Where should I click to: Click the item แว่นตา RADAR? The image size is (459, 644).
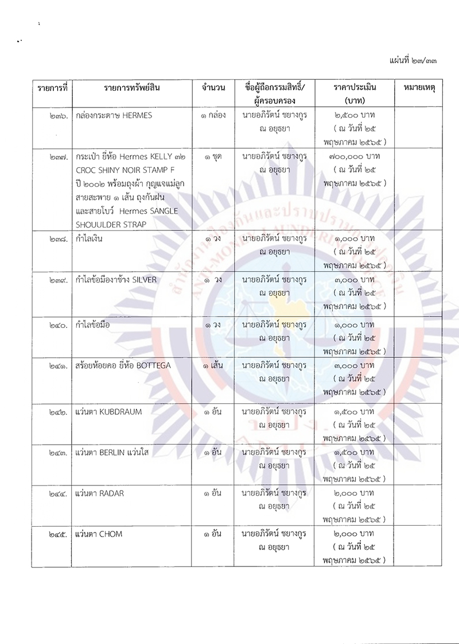(x=99, y=493)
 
